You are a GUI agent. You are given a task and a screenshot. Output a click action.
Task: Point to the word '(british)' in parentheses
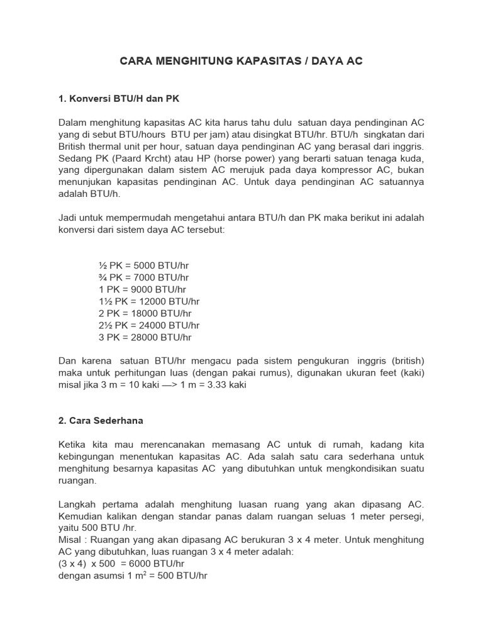(407, 361)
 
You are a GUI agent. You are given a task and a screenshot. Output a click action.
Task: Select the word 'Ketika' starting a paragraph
(72, 445)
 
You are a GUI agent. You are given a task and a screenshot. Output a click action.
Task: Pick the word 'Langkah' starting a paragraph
(79, 505)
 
